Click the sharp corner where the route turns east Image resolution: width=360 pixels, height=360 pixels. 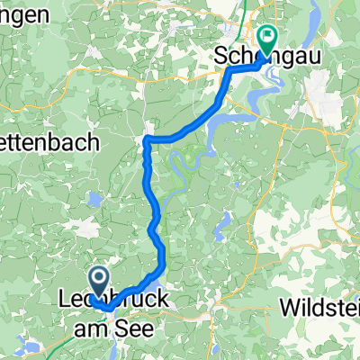(146, 140)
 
